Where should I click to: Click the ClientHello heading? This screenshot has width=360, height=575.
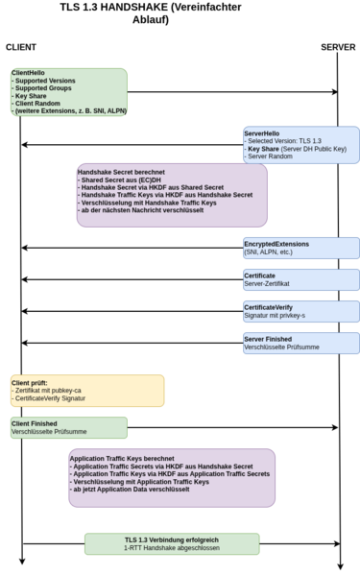29,72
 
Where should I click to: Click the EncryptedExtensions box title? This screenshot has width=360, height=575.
276,244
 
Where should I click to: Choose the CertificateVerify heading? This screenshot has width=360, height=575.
274,306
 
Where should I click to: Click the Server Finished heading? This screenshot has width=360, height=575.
268,338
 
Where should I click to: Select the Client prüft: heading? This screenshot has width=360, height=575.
30,382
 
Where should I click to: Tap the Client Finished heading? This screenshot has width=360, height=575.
35,423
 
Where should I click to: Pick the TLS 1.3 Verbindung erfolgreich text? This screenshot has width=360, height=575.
172,539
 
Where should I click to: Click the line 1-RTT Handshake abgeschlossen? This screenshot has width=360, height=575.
172,549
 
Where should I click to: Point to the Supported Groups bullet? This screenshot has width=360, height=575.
44,88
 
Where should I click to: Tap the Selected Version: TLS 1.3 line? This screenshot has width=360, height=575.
284,141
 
